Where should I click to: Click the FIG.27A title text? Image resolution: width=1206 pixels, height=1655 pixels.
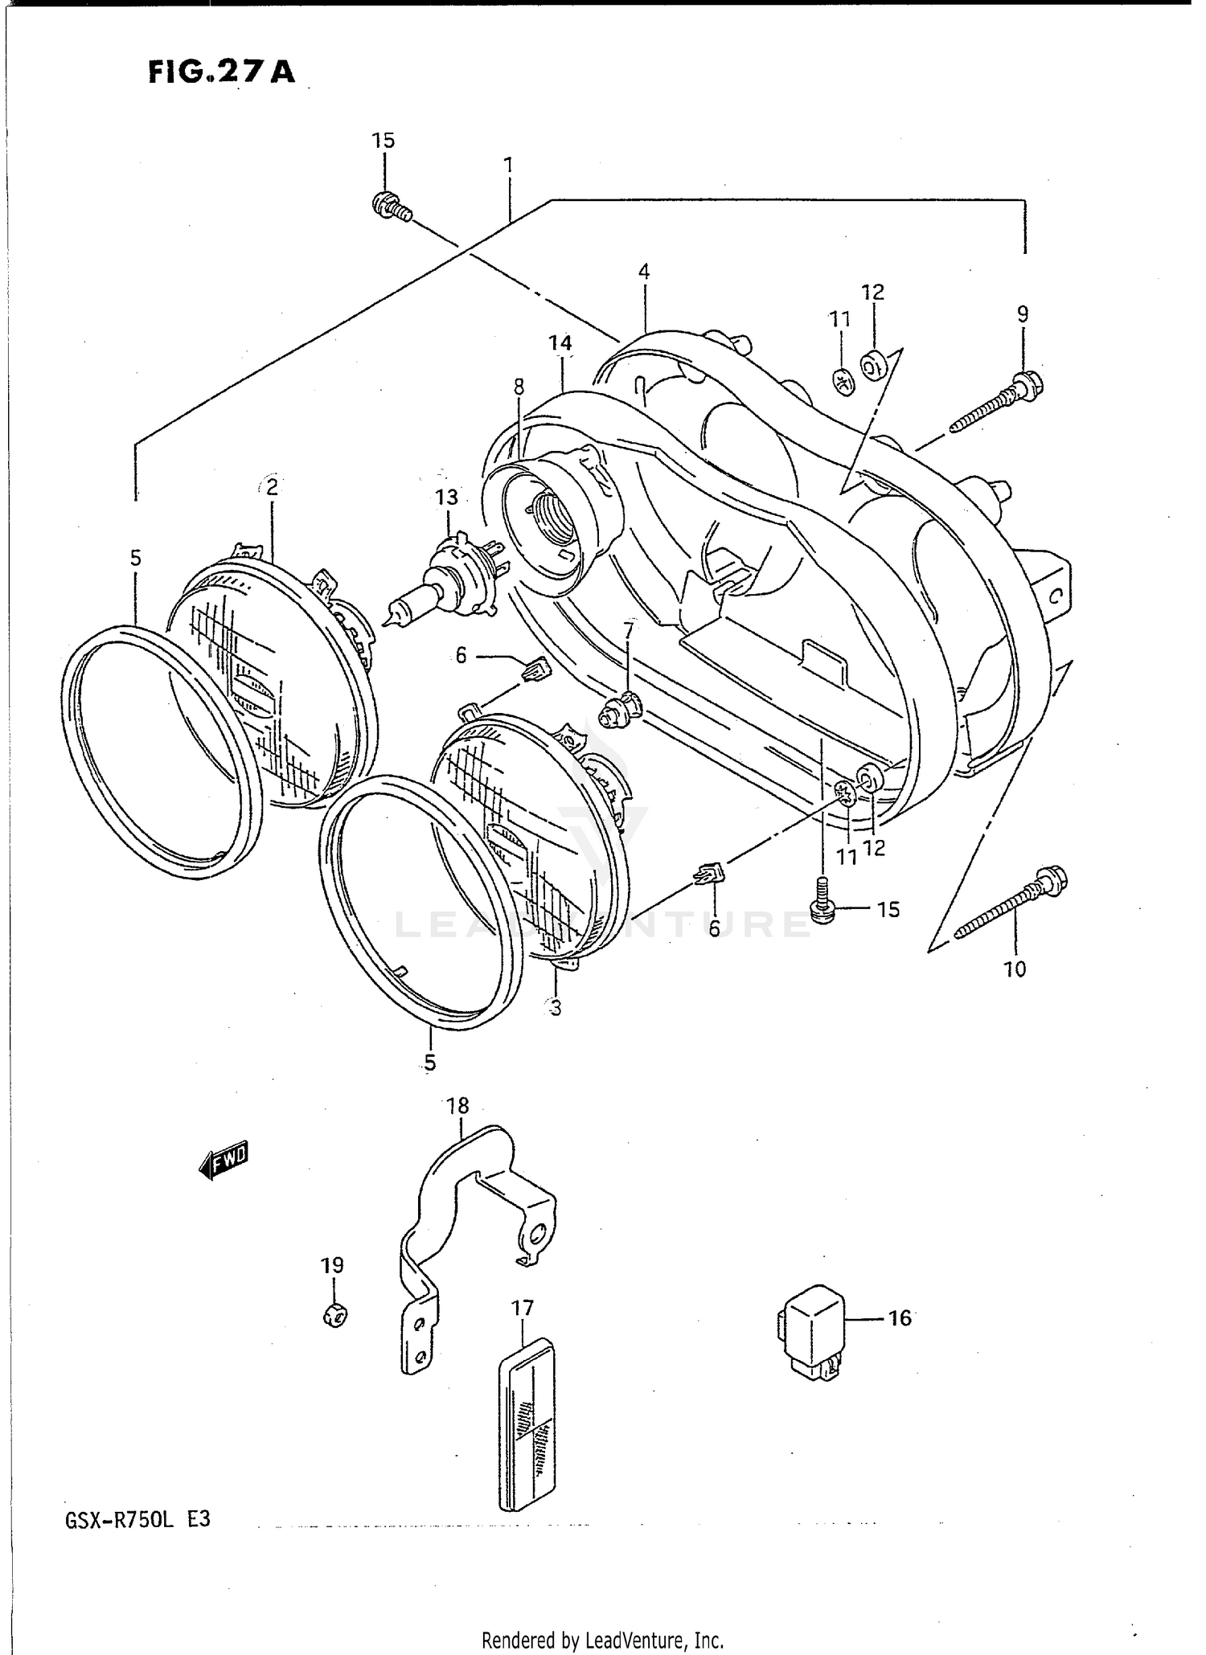pyautogui.click(x=221, y=73)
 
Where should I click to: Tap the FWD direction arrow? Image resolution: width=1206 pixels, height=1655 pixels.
pyautogui.click(x=224, y=1160)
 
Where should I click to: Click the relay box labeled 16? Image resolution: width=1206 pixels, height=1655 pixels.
pyautogui.click(x=810, y=1330)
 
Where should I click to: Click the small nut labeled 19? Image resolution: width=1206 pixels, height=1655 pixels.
pyautogui.click(x=335, y=1315)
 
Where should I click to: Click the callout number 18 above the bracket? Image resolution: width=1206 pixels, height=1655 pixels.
pyautogui.click(x=457, y=1105)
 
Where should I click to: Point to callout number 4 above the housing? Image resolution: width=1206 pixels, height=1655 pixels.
pyautogui.click(x=643, y=272)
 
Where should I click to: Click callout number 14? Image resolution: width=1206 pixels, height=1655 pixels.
pyautogui.click(x=560, y=343)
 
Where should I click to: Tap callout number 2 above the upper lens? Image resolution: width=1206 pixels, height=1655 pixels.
pyautogui.click(x=272, y=486)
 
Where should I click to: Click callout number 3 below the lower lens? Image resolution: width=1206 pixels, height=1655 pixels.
pyautogui.click(x=555, y=1006)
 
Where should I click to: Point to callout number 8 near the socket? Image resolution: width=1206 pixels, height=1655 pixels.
pyautogui.click(x=519, y=387)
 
